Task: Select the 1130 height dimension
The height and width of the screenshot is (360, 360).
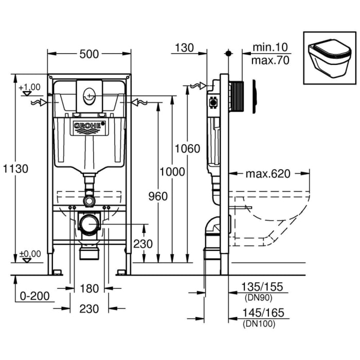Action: [14, 168]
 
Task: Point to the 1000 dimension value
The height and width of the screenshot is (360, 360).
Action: [171, 172]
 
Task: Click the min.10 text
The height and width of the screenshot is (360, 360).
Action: [270, 47]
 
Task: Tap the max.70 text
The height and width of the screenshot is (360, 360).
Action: [270, 60]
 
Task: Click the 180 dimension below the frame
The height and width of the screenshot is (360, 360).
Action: [89, 289]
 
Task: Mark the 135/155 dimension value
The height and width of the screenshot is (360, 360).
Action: [262, 287]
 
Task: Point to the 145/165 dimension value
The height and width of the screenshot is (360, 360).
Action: [262, 313]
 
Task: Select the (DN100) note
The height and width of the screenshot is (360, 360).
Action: [258, 323]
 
